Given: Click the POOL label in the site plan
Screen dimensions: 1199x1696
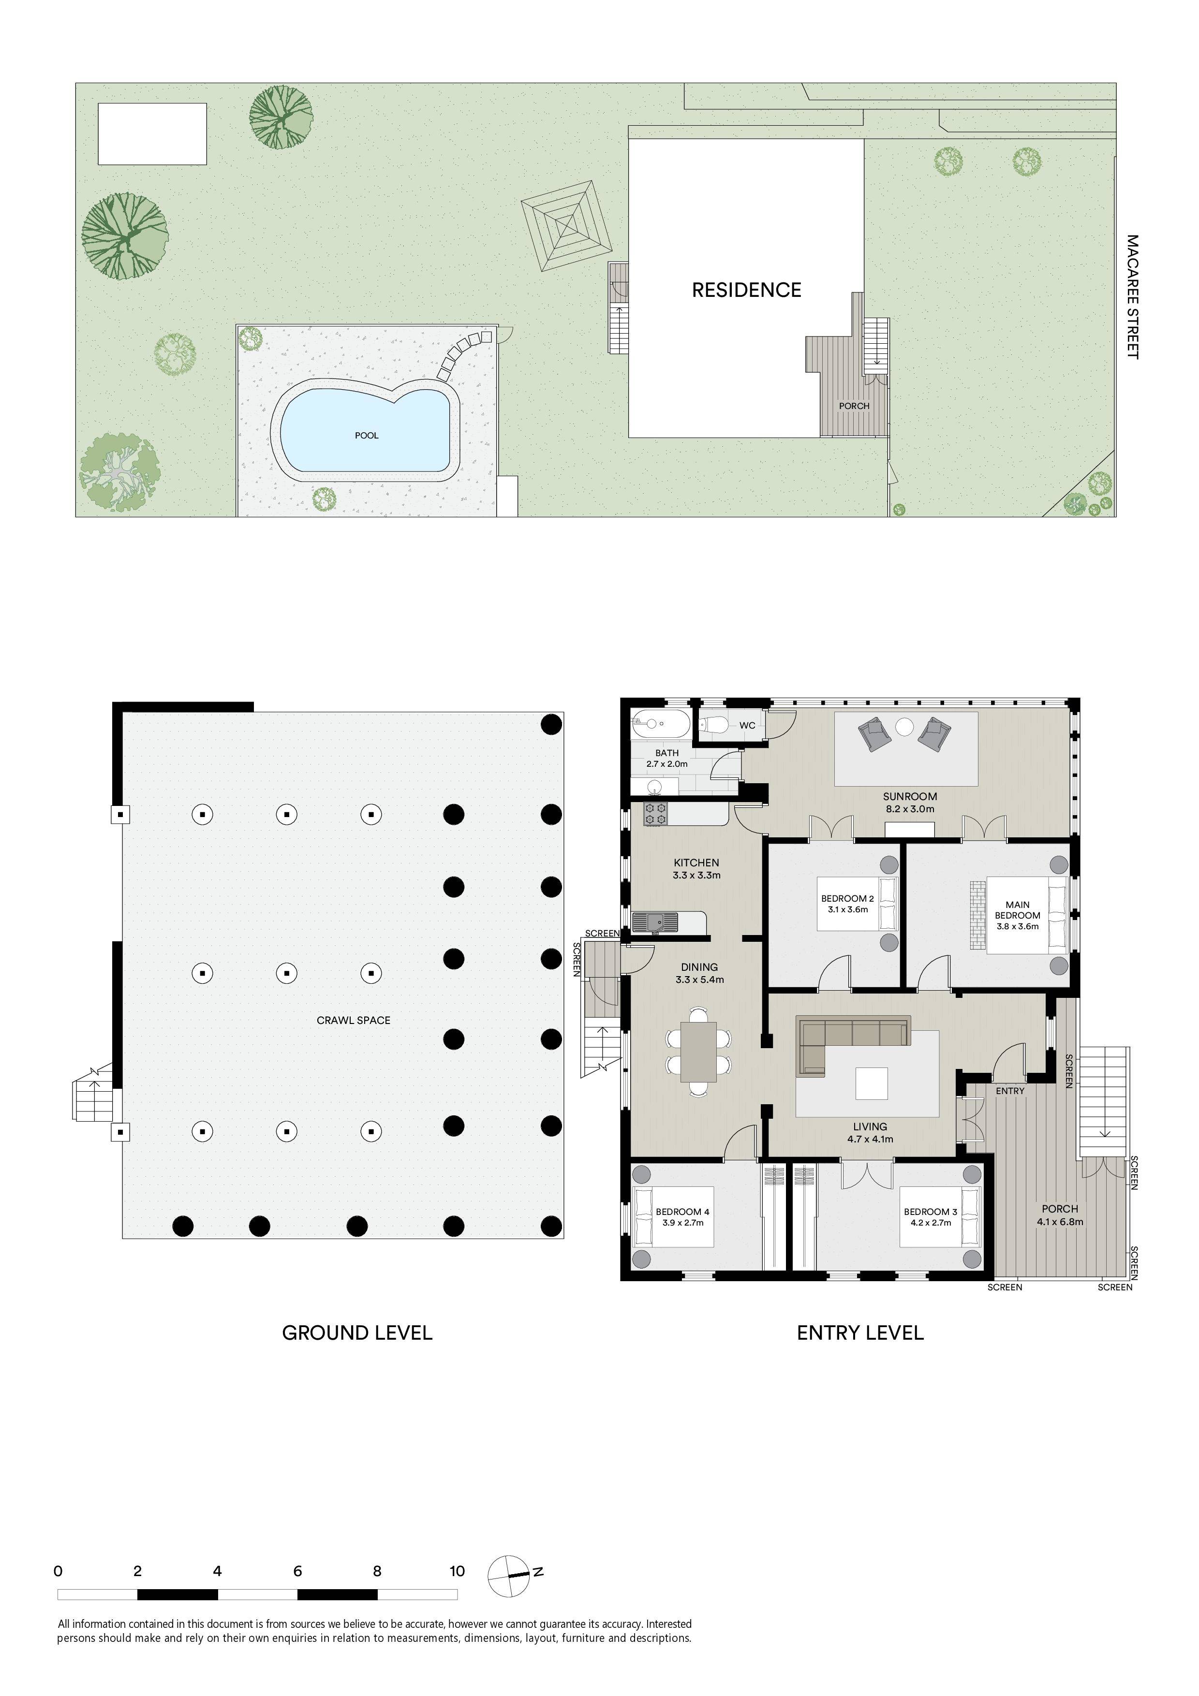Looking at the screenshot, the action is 367,435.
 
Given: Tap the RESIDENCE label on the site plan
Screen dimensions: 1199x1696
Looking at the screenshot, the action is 746,290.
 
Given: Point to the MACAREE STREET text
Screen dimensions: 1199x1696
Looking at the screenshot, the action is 1133,297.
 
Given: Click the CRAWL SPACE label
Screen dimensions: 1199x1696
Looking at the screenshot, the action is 353,1020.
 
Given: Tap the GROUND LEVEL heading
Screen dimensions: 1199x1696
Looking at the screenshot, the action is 357,1332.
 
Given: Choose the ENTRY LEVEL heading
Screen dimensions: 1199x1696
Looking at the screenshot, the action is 860,1332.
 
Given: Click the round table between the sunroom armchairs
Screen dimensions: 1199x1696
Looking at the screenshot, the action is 904,727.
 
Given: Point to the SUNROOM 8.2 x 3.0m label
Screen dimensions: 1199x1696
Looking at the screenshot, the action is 909,802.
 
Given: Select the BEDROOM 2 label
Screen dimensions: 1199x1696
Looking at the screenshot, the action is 847,899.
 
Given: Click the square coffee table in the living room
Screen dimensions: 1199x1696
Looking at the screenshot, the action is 872,1083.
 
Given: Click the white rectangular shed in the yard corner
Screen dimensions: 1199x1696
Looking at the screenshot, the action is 152,134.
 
